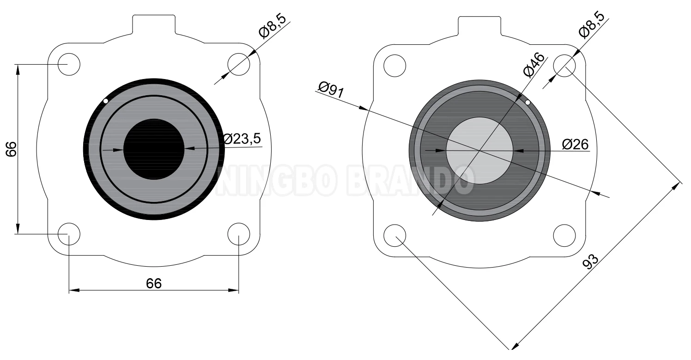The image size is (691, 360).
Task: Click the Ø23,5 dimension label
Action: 242,139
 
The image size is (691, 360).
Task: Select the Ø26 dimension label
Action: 575,144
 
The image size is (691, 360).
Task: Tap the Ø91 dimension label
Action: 331,89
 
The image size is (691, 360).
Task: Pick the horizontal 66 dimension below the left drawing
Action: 154,283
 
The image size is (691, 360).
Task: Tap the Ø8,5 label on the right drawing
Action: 592,25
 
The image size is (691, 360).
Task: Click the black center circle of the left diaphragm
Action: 154,149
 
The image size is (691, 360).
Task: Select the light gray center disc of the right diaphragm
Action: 480,151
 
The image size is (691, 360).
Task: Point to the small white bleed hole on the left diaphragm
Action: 106,101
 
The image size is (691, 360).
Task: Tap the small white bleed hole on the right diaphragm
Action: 527,102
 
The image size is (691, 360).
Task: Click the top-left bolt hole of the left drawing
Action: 69,64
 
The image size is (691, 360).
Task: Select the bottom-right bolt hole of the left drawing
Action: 239,234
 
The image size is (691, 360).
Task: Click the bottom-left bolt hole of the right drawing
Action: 395,235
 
